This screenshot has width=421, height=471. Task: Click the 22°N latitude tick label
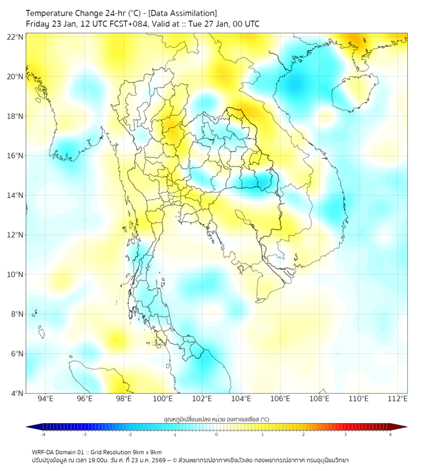[x=15, y=37]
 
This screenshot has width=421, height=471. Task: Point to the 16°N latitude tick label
[x=15, y=156]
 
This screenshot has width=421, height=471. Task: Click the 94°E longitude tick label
[x=45, y=399]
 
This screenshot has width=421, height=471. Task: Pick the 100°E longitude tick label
[x=163, y=399]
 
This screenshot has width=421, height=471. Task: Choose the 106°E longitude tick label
[x=280, y=399]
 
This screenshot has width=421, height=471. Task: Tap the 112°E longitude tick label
[x=398, y=399]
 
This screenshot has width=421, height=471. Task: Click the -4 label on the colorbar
[x=42, y=434]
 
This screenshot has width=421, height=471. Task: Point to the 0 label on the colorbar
[x=217, y=434]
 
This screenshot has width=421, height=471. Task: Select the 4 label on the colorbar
[x=390, y=434]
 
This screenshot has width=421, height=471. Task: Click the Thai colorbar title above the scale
[x=216, y=419]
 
